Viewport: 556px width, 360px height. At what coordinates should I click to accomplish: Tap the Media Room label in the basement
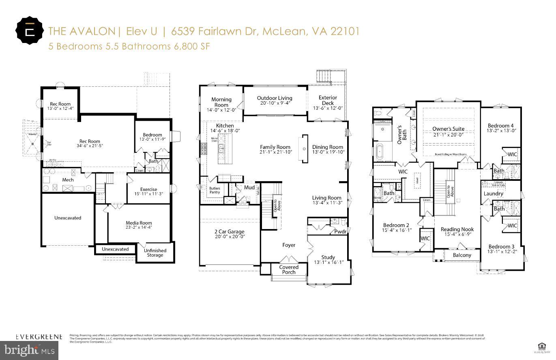(139, 223)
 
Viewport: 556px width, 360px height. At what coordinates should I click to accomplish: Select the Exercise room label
(148, 189)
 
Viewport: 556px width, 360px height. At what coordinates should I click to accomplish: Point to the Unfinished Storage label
(155, 253)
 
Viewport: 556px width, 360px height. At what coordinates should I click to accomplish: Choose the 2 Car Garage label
(230, 232)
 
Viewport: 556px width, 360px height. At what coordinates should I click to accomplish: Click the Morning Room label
(221, 102)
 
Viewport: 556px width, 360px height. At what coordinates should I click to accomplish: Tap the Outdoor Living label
(275, 98)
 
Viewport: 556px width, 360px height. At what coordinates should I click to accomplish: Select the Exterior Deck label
(328, 100)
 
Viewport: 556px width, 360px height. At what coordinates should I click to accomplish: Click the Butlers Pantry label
(215, 191)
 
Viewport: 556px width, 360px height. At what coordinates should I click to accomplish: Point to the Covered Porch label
(289, 270)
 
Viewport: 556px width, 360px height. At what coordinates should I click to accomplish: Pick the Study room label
(328, 257)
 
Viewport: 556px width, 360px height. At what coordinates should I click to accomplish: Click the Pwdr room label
(340, 231)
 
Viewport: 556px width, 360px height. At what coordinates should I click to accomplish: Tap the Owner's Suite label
(448, 129)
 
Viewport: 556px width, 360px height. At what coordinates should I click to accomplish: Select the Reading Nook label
(457, 229)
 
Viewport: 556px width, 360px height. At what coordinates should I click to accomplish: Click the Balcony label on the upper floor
(462, 255)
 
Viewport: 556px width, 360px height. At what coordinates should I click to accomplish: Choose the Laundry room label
(493, 194)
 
